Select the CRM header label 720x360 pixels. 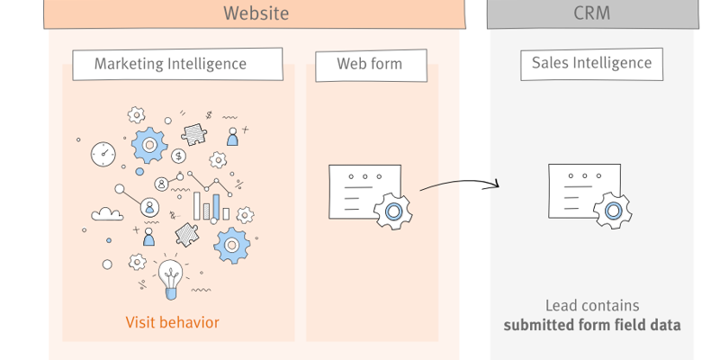tap(591, 13)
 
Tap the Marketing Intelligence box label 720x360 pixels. tap(170, 64)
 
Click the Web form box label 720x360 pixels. tap(369, 64)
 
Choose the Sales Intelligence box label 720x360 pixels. tap(591, 63)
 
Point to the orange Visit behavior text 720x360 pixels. tap(172, 322)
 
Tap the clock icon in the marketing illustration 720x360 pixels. tap(103, 153)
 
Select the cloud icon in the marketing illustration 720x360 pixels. tap(108, 214)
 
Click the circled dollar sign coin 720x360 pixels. tap(178, 156)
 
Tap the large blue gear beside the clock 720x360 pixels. tap(148, 144)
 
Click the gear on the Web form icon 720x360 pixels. tap(392, 211)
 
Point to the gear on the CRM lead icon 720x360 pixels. tap(613, 211)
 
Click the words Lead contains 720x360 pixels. tap(591, 306)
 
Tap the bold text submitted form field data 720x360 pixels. tap(591, 325)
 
